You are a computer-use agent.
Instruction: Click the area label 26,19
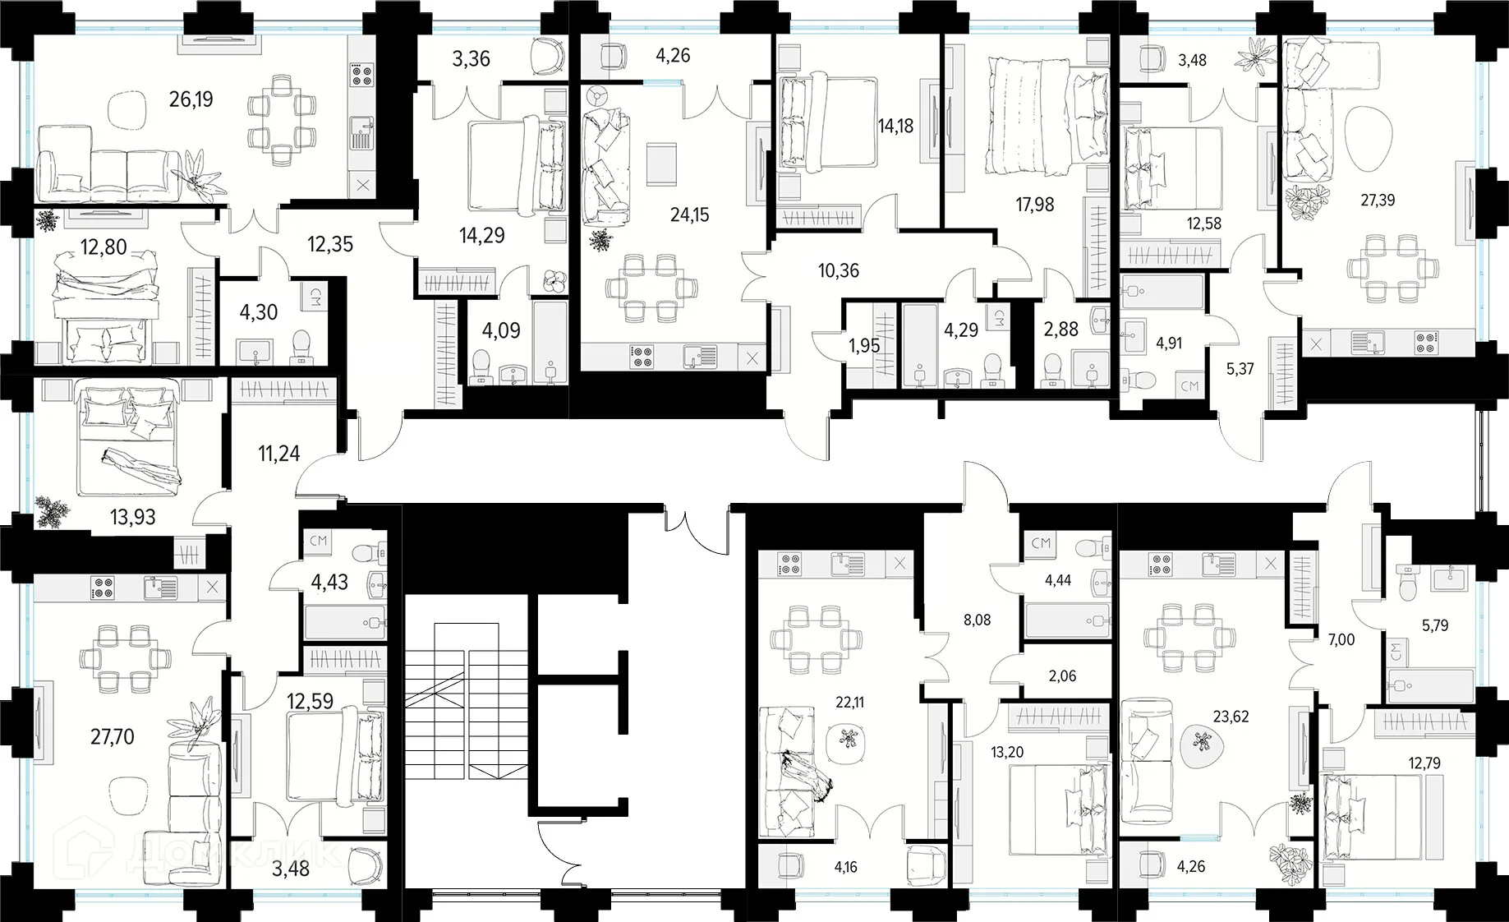coord(191,99)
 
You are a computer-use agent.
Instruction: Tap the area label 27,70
coord(113,737)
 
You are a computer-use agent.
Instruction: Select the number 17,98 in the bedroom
coord(1035,204)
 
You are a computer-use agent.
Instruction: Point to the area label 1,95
coord(864,346)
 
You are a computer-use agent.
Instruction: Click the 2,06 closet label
coord(1062,676)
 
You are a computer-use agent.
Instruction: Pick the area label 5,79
coord(1435,625)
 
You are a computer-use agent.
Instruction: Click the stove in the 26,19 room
coord(361,75)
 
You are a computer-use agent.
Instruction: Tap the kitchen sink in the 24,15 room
coord(699,357)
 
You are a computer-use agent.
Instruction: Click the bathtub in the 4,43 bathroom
coord(345,623)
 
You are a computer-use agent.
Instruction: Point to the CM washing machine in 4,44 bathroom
coord(1041,543)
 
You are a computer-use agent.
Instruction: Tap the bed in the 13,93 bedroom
coord(127,437)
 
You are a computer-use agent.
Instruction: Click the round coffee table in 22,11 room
coord(847,735)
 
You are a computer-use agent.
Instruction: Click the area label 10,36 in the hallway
coord(839,270)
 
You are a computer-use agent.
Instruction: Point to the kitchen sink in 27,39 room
coord(1368,342)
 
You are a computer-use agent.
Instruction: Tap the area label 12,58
coord(1203,224)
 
